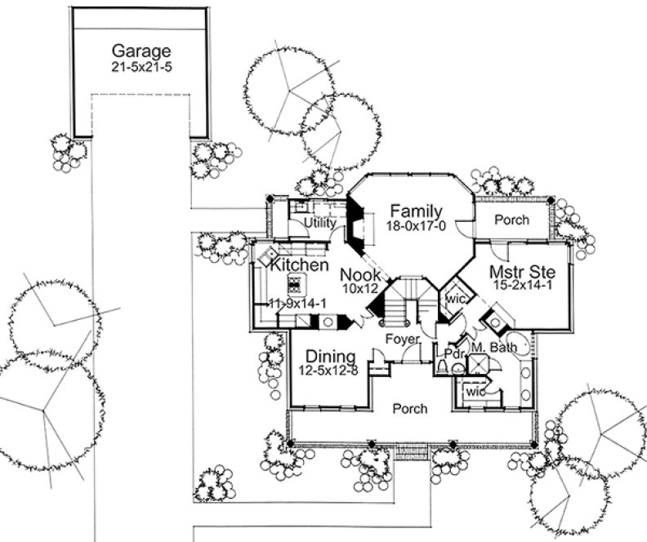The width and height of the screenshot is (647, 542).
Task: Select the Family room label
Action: [416, 211]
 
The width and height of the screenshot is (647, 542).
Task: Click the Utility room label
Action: [320, 222]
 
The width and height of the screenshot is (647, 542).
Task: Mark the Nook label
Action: [360, 274]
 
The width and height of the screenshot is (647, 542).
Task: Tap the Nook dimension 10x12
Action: [359, 289]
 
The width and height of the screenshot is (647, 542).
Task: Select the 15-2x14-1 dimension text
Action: [523, 286]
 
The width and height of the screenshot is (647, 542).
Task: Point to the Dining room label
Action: [330, 357]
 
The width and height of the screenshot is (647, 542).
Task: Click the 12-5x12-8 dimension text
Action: [330, 371]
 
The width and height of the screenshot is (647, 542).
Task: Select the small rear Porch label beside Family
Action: [512, 220]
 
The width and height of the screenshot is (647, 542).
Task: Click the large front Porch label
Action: [408, 408]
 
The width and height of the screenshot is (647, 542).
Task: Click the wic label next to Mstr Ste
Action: [455, 299]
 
